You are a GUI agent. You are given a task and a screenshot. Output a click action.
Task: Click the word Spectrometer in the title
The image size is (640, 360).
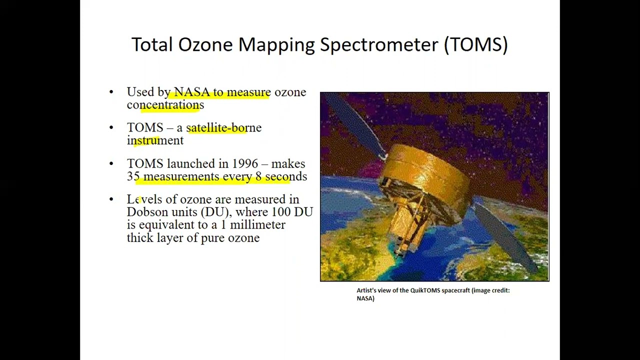[379, 44]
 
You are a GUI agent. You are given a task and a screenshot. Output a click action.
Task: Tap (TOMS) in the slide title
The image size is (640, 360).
[476, 44]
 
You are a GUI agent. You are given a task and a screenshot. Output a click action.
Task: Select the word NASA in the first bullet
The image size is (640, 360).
[191, 92]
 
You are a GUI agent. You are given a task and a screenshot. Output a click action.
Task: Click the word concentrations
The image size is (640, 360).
[165, 105]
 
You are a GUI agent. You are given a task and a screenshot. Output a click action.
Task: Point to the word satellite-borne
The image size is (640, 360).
[223, 128]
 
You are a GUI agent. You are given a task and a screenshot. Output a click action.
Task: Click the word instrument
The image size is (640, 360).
[155, 140]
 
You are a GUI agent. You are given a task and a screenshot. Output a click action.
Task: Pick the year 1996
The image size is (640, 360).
[245, 164]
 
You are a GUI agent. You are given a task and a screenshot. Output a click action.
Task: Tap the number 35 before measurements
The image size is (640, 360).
[133, 176]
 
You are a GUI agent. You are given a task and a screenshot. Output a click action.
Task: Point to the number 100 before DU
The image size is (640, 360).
[280, 212]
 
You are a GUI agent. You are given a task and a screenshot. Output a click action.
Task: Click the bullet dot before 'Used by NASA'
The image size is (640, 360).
[111, 92]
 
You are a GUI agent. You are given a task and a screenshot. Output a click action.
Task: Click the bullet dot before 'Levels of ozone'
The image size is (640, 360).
[111, 199]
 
